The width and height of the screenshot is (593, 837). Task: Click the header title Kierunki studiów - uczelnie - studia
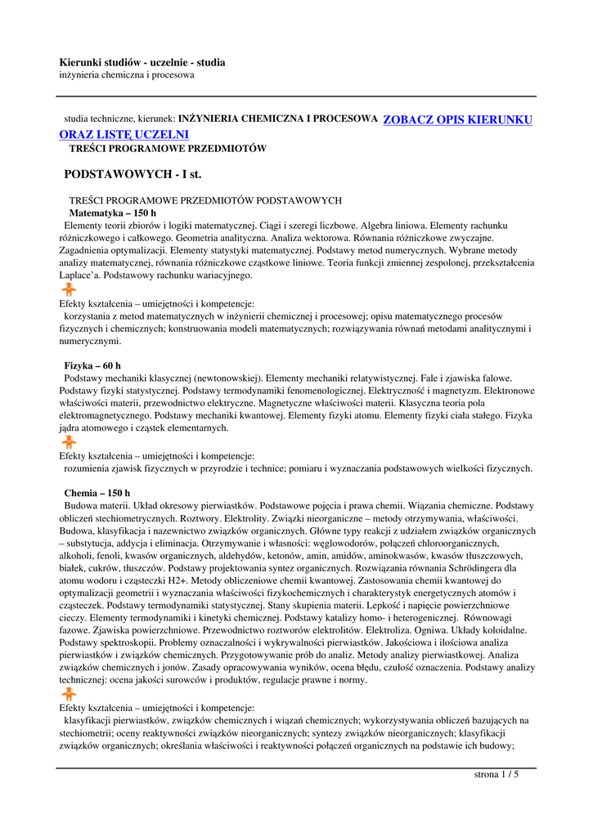142,63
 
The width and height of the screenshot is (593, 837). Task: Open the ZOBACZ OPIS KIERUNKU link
457,120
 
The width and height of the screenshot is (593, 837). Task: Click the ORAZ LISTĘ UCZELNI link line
124,134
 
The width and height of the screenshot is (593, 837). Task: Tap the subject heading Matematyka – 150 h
112,213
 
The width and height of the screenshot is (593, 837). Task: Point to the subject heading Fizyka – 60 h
92,366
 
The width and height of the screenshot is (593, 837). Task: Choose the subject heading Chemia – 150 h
97,494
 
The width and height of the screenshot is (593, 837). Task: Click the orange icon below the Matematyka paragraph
70,289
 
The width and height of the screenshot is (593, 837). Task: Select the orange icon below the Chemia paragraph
70,694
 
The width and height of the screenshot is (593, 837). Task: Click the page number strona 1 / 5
496,775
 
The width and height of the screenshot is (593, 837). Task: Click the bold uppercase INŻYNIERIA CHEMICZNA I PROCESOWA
278,119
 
